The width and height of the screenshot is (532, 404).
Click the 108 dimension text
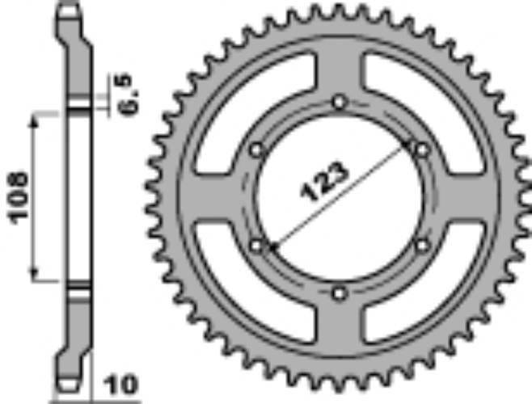(18, 196)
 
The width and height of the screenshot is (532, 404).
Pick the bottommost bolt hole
(340, 292)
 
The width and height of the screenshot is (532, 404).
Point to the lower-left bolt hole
(257, 244)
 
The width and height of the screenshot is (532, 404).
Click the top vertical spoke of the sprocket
(340, 73)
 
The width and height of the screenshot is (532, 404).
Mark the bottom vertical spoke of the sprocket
(340, 323)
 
